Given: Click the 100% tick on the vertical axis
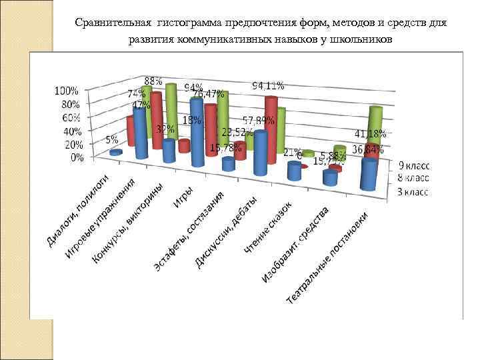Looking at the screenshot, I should tap(66, 90).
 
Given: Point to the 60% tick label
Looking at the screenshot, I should tap(70, 117).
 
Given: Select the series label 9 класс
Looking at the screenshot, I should tap(415, 165).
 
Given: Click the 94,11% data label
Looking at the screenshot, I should tap(268, 85).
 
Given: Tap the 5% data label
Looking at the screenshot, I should tap(111, 140).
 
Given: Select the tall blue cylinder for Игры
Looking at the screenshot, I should tap(197, 132).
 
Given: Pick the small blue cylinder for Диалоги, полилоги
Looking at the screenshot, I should tap(116, 153).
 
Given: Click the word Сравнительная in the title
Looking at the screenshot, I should tap(114, 23).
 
